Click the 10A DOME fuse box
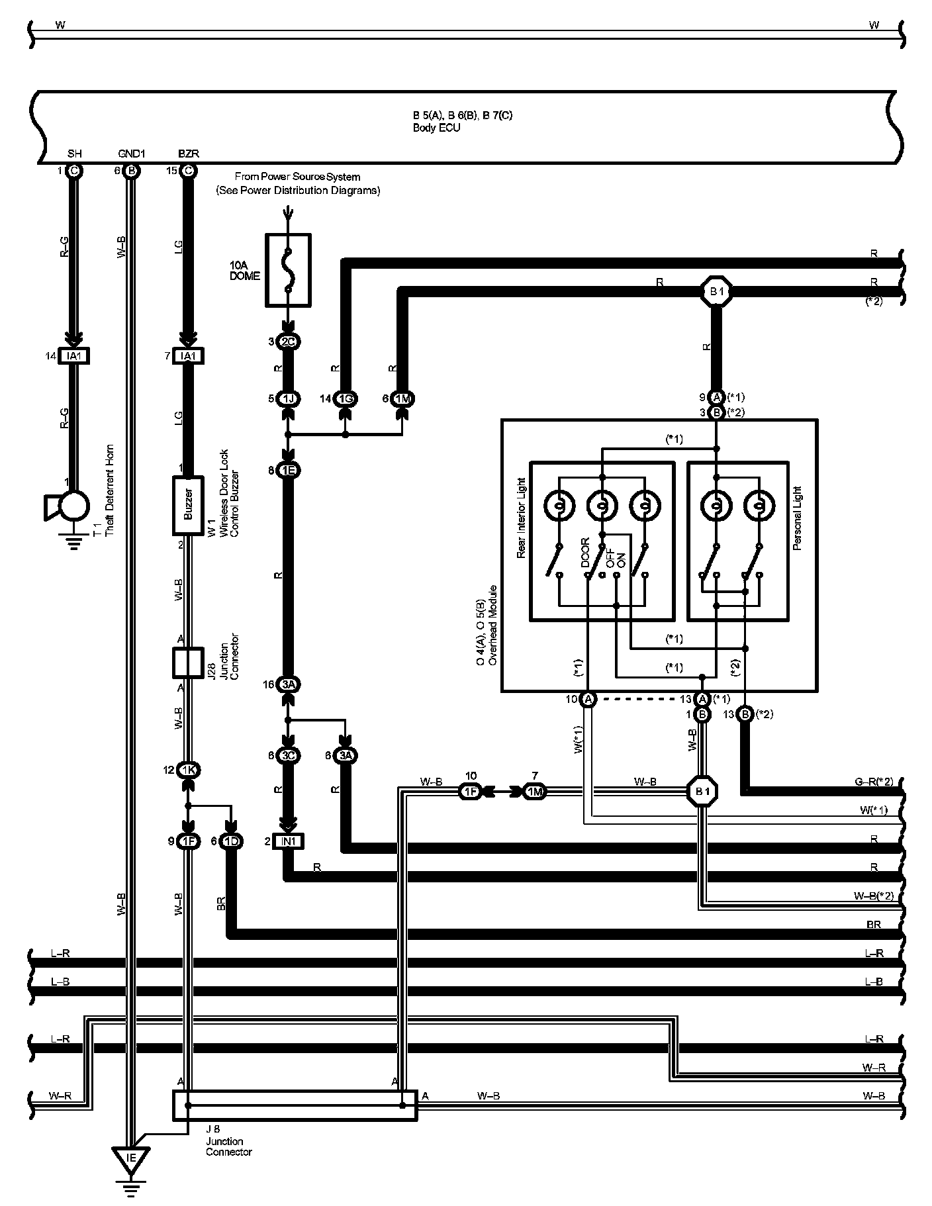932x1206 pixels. click(x=288, y=269)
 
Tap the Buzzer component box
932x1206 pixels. click(x=188, y=505)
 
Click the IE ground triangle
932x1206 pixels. click(x=131, y=1158)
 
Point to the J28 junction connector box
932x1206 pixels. click(x=188, y=663)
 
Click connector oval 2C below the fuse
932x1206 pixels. click(x=289, y=342)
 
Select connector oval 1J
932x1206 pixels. click(x=289, y=399)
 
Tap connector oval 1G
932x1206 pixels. click(x=345, y=399)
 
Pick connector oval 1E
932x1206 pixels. click(x=289, y=471)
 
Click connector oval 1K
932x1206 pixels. click(x=188, y=770)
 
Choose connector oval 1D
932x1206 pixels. click(x=232, y=841)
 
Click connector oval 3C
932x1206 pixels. click(x=289, y=755)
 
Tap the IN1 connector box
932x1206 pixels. click(x=289, y=841)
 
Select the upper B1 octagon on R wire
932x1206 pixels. click(x=716, y=291)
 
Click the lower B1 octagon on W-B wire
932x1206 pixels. click(x=702, y=791)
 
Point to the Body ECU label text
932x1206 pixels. click(x=436, y=128)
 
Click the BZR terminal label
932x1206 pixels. click(x=188, y=154)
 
